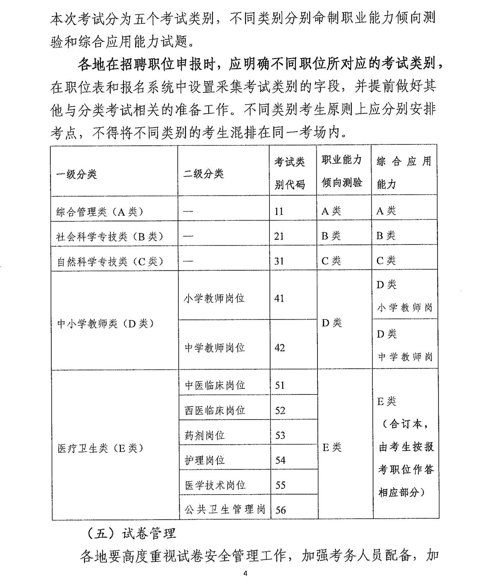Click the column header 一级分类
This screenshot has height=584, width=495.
point(77,174)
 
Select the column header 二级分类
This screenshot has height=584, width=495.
point(203,174)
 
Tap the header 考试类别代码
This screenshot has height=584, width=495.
point(290,173)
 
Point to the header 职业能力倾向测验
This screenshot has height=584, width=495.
point(342,171)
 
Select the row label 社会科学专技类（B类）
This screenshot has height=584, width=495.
point(109,236)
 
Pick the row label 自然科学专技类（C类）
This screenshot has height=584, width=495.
point(109,261)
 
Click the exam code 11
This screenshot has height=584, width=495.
point(279,212)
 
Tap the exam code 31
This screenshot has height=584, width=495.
point(279,261)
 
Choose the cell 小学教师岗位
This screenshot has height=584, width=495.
point(214,298)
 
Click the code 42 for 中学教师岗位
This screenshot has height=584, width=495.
point(280,348)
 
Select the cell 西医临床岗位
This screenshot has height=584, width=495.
point(215,410)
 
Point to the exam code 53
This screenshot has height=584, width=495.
point(280,435)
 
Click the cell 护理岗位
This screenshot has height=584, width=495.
point(205,460)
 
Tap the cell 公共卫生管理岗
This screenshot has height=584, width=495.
point(225,509)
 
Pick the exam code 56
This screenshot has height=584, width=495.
point(281,510)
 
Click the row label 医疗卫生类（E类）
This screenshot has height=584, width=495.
point(100,448)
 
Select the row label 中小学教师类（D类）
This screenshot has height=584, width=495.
point(105,324)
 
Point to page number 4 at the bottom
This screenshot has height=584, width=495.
point(245,574)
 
